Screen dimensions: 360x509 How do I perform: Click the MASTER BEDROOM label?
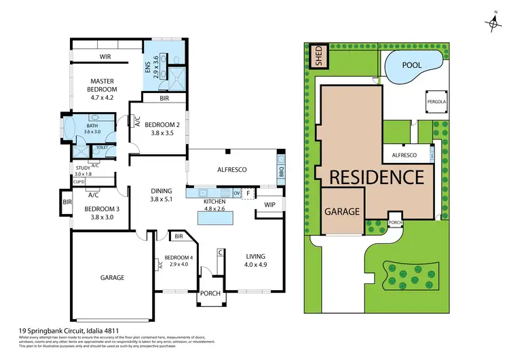pos(103,85)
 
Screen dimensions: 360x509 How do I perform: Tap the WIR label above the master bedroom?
pos(105,58)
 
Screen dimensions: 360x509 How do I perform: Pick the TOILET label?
pos(102,147)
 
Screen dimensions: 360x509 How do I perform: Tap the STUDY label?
pos(83,168)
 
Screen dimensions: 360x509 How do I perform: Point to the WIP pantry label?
pos(269,204)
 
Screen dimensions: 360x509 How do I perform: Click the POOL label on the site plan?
pos(411,65)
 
